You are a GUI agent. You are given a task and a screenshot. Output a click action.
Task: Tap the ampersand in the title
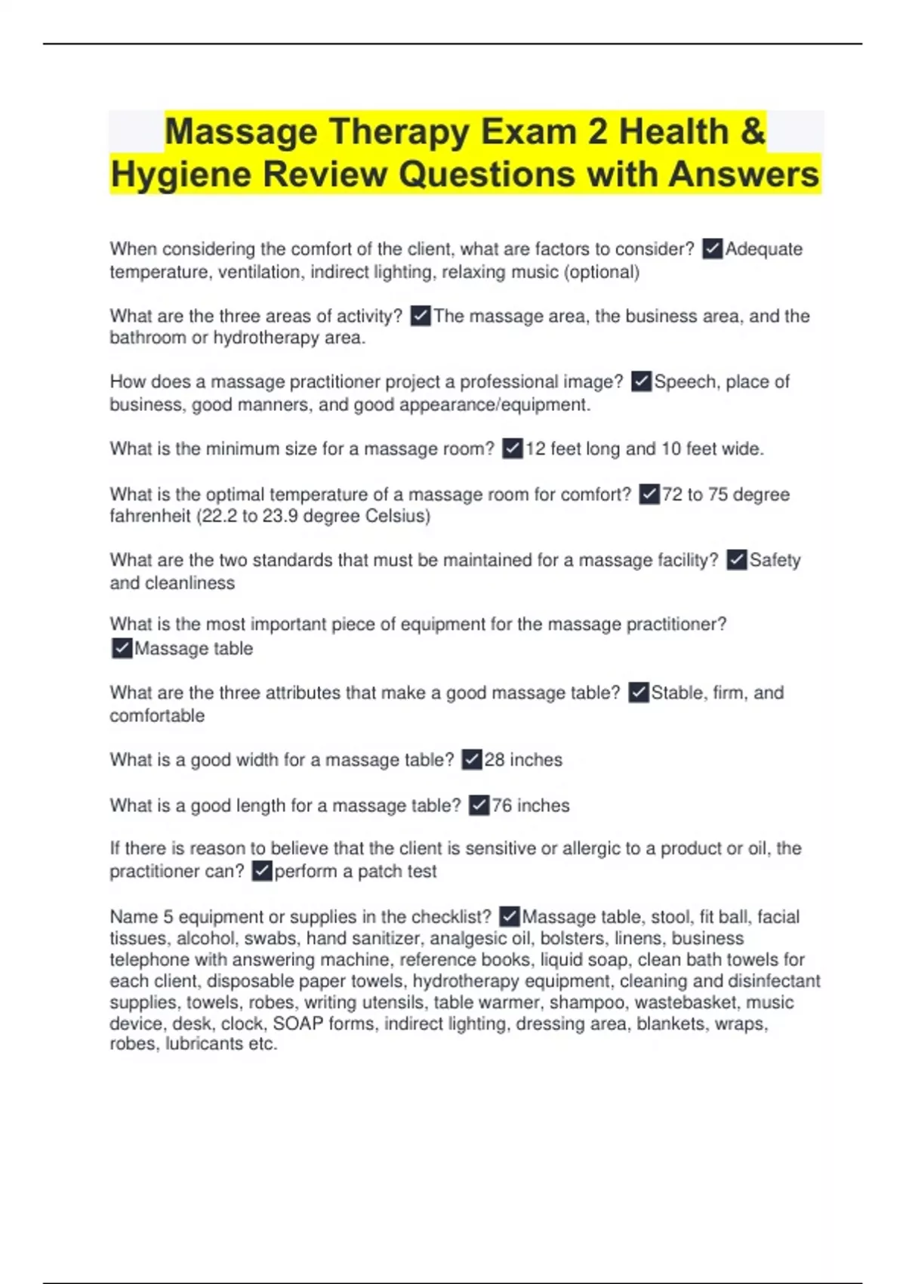coord(753,131)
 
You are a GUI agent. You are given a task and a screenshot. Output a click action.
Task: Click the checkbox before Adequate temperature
coord(712,248)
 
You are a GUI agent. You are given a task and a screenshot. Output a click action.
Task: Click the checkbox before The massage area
coord(421,316)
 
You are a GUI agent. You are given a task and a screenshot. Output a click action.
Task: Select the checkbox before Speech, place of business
coord(641,381)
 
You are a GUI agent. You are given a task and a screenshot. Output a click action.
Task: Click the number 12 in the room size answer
coord(535,449)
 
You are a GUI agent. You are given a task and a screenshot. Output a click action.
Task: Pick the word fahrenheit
coord(149,516)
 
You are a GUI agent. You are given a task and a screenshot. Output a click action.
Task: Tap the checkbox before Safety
coord(736,560)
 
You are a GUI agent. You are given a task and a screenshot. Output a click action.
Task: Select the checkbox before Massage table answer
coord(122,648)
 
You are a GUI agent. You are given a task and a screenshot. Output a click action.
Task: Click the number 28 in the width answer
coord(495,760)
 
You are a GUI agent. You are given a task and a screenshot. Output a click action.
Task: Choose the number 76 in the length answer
coord(502,805)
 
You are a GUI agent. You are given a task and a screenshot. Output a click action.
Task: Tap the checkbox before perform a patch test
coord(262,871)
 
